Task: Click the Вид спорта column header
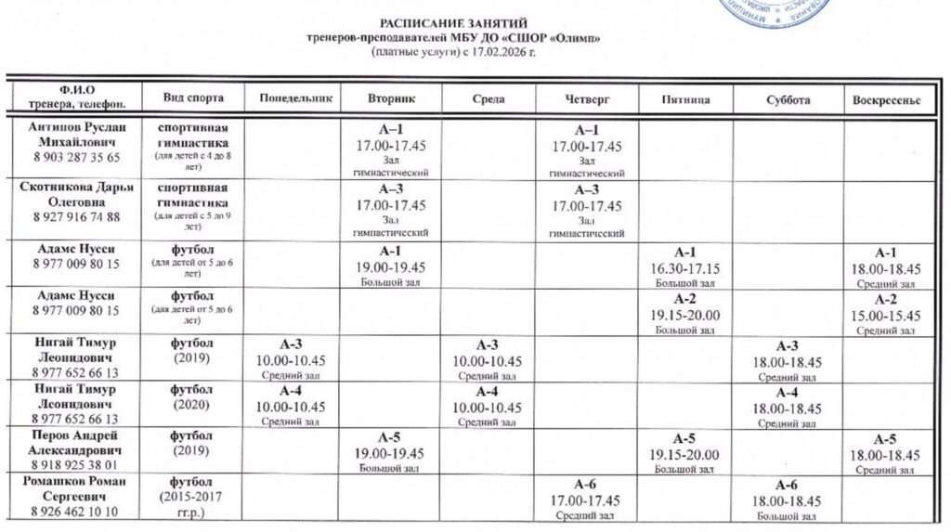(192, 98)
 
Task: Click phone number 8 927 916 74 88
(76, 217)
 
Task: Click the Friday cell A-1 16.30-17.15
(685, 266)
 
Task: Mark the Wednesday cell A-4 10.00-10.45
(489, 406)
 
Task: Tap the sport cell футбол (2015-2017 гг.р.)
(192, 497)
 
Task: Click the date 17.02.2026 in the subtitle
(508, 53)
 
